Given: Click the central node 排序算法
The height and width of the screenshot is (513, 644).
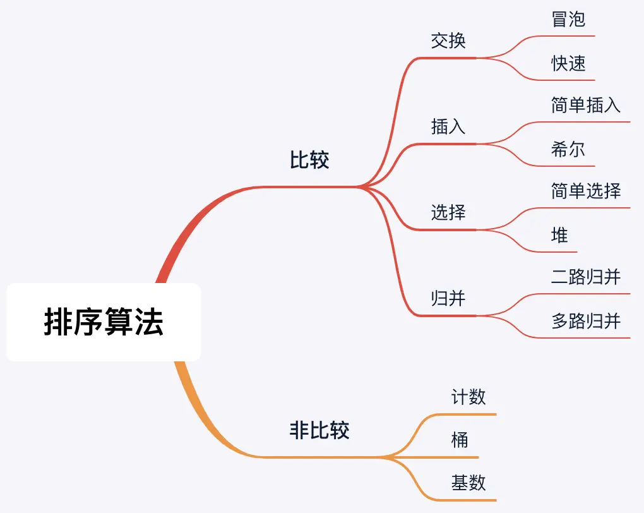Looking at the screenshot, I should click(x=104, y=322).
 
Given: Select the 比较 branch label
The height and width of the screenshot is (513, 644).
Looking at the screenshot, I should click(x=309, y=160).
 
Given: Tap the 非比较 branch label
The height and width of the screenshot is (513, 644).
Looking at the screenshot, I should click(x=319, y=431).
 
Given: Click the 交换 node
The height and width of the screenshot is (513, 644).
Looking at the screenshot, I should click(x=448, y=40).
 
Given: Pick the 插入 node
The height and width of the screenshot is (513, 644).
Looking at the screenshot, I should click(x=448, y=126).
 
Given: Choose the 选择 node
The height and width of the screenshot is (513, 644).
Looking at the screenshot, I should click(x=448, y=212).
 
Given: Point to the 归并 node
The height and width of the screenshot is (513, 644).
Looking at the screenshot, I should click(x=448, y=298).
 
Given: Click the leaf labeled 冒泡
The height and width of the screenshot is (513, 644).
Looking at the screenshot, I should click(x=568, y=19).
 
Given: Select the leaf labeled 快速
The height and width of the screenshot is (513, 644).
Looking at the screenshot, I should click(x=568, y=63).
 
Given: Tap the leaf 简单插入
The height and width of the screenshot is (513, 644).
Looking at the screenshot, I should click(x=586, y=105).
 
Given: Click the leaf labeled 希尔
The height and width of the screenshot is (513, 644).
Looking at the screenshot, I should click(x=568, y=149).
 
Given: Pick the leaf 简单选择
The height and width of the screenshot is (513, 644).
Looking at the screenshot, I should click(x=586, y=191).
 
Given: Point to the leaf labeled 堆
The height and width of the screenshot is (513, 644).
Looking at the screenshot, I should click(x=559, y=235).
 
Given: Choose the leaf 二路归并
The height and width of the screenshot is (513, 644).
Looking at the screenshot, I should click(x=586, y=277).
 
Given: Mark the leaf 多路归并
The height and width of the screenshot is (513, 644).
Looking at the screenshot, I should click(x=586, y=321).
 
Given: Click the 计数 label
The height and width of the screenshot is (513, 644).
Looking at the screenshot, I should click(x=468, y=397).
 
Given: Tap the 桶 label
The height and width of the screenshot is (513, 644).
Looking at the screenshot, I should click(x=460, y=440).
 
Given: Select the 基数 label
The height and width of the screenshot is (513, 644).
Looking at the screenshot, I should click(x=468, y=483).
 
